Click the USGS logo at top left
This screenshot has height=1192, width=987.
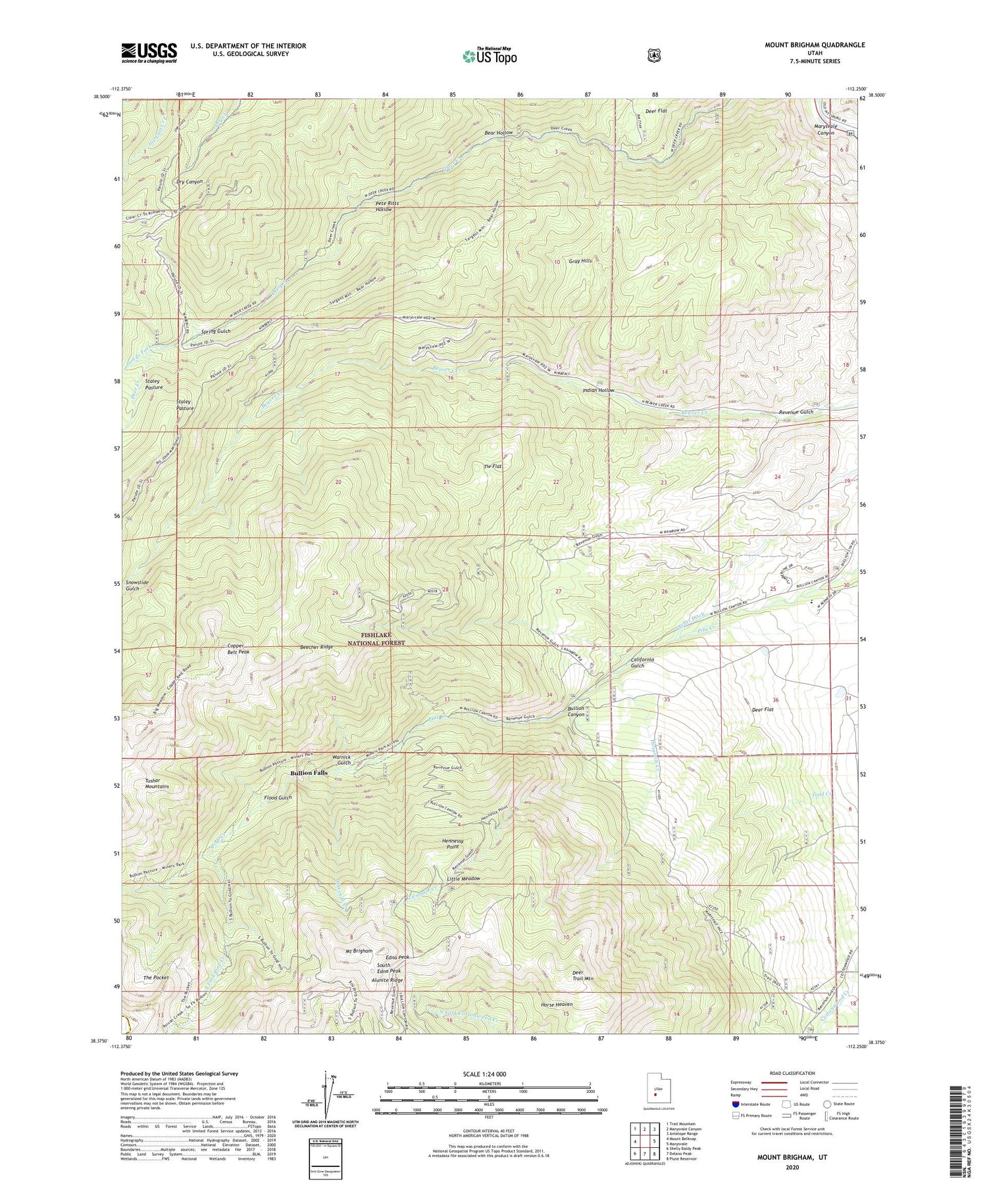(149, 53)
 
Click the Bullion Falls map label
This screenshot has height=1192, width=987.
(309, 773)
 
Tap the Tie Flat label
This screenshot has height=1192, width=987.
(493, 466)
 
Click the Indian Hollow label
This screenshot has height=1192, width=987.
(597, 391)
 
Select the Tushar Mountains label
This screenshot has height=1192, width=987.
(157, 784)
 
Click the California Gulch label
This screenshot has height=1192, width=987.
(628, 662)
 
